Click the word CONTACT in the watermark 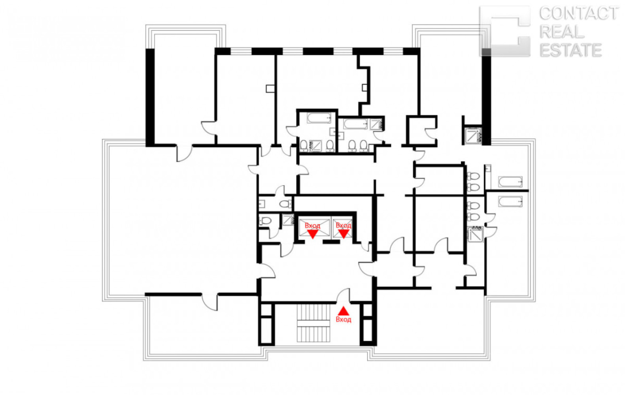[x=579, y=14]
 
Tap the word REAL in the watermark [x=562, y=32]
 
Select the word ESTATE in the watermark [x=570, y=50]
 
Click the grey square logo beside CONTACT [x=505, y=31]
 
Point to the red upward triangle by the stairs [x=344, y=311]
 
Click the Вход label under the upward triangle [x=344, y=320]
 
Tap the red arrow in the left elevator [x=312, y=234]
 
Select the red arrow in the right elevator [x=344, y=233]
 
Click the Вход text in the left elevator [x=312, y=226]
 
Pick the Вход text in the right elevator [x=344, y=225]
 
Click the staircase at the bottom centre [x=313, y=323]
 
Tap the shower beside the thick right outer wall [x=473, y=135]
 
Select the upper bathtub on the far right [x=510, y=182]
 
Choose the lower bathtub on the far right [x=510, y=201]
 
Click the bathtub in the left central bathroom [x=319, y=118]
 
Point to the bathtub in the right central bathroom [x=356, y=124]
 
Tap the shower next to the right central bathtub [x=376, y=124]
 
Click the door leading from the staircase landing [x=343, y=296]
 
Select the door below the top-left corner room [x=185, y=153]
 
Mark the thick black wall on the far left [x=150, y=98]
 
